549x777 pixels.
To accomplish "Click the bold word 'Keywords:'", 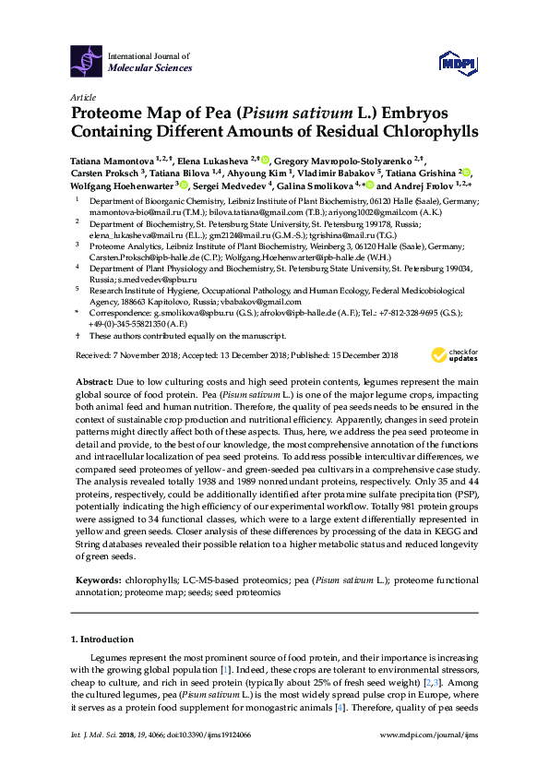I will (x=97, y=580).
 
